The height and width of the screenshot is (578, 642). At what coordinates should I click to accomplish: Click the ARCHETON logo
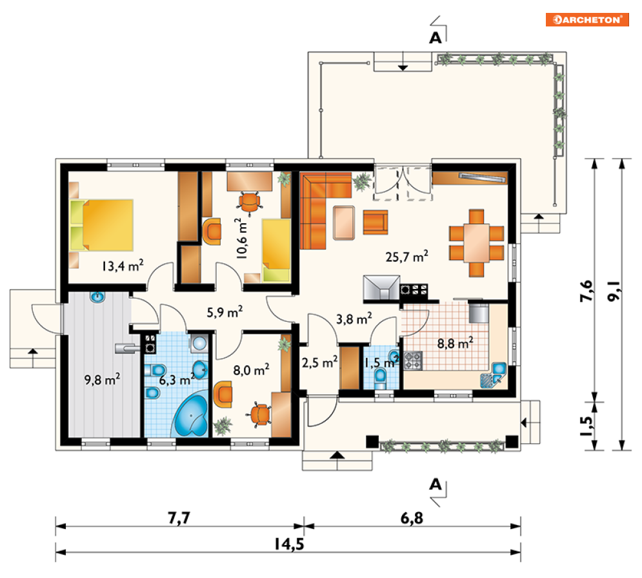(x=587, y=19)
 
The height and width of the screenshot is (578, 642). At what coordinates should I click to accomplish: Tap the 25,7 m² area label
(x=406, y=257)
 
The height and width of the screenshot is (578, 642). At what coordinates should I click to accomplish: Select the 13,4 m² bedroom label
(x=123, y=266)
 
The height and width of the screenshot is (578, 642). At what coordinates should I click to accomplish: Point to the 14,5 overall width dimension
(x=289, y=544)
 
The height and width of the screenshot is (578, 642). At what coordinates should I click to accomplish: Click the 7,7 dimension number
(x=179, y=518)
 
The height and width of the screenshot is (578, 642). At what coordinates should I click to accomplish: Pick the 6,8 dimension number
(x=412, y=518)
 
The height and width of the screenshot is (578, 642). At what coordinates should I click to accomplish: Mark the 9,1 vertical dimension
(x=614, y=291)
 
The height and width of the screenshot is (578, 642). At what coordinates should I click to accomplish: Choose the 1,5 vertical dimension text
(x=586, y=426)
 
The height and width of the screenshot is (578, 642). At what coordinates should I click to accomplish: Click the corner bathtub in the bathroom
(x=191, y=415)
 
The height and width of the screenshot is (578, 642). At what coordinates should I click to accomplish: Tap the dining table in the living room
(x=476, y=243)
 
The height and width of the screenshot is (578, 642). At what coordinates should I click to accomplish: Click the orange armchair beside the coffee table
(x=376, y=223)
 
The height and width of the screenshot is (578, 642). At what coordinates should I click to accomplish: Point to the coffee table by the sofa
(x=344, y=223)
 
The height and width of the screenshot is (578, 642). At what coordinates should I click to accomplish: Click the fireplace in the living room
(x=381, y=288)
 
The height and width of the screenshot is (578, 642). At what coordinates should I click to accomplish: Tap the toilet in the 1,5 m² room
(x=381, y=379)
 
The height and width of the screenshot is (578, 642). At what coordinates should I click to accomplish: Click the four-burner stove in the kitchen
(x=413, y=361)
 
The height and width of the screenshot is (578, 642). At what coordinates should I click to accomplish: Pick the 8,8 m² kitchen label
(x=456, y=343)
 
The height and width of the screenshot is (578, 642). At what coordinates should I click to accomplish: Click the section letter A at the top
(x=436, y=37)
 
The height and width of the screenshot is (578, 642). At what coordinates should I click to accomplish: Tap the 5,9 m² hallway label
(x=225, y=312)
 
